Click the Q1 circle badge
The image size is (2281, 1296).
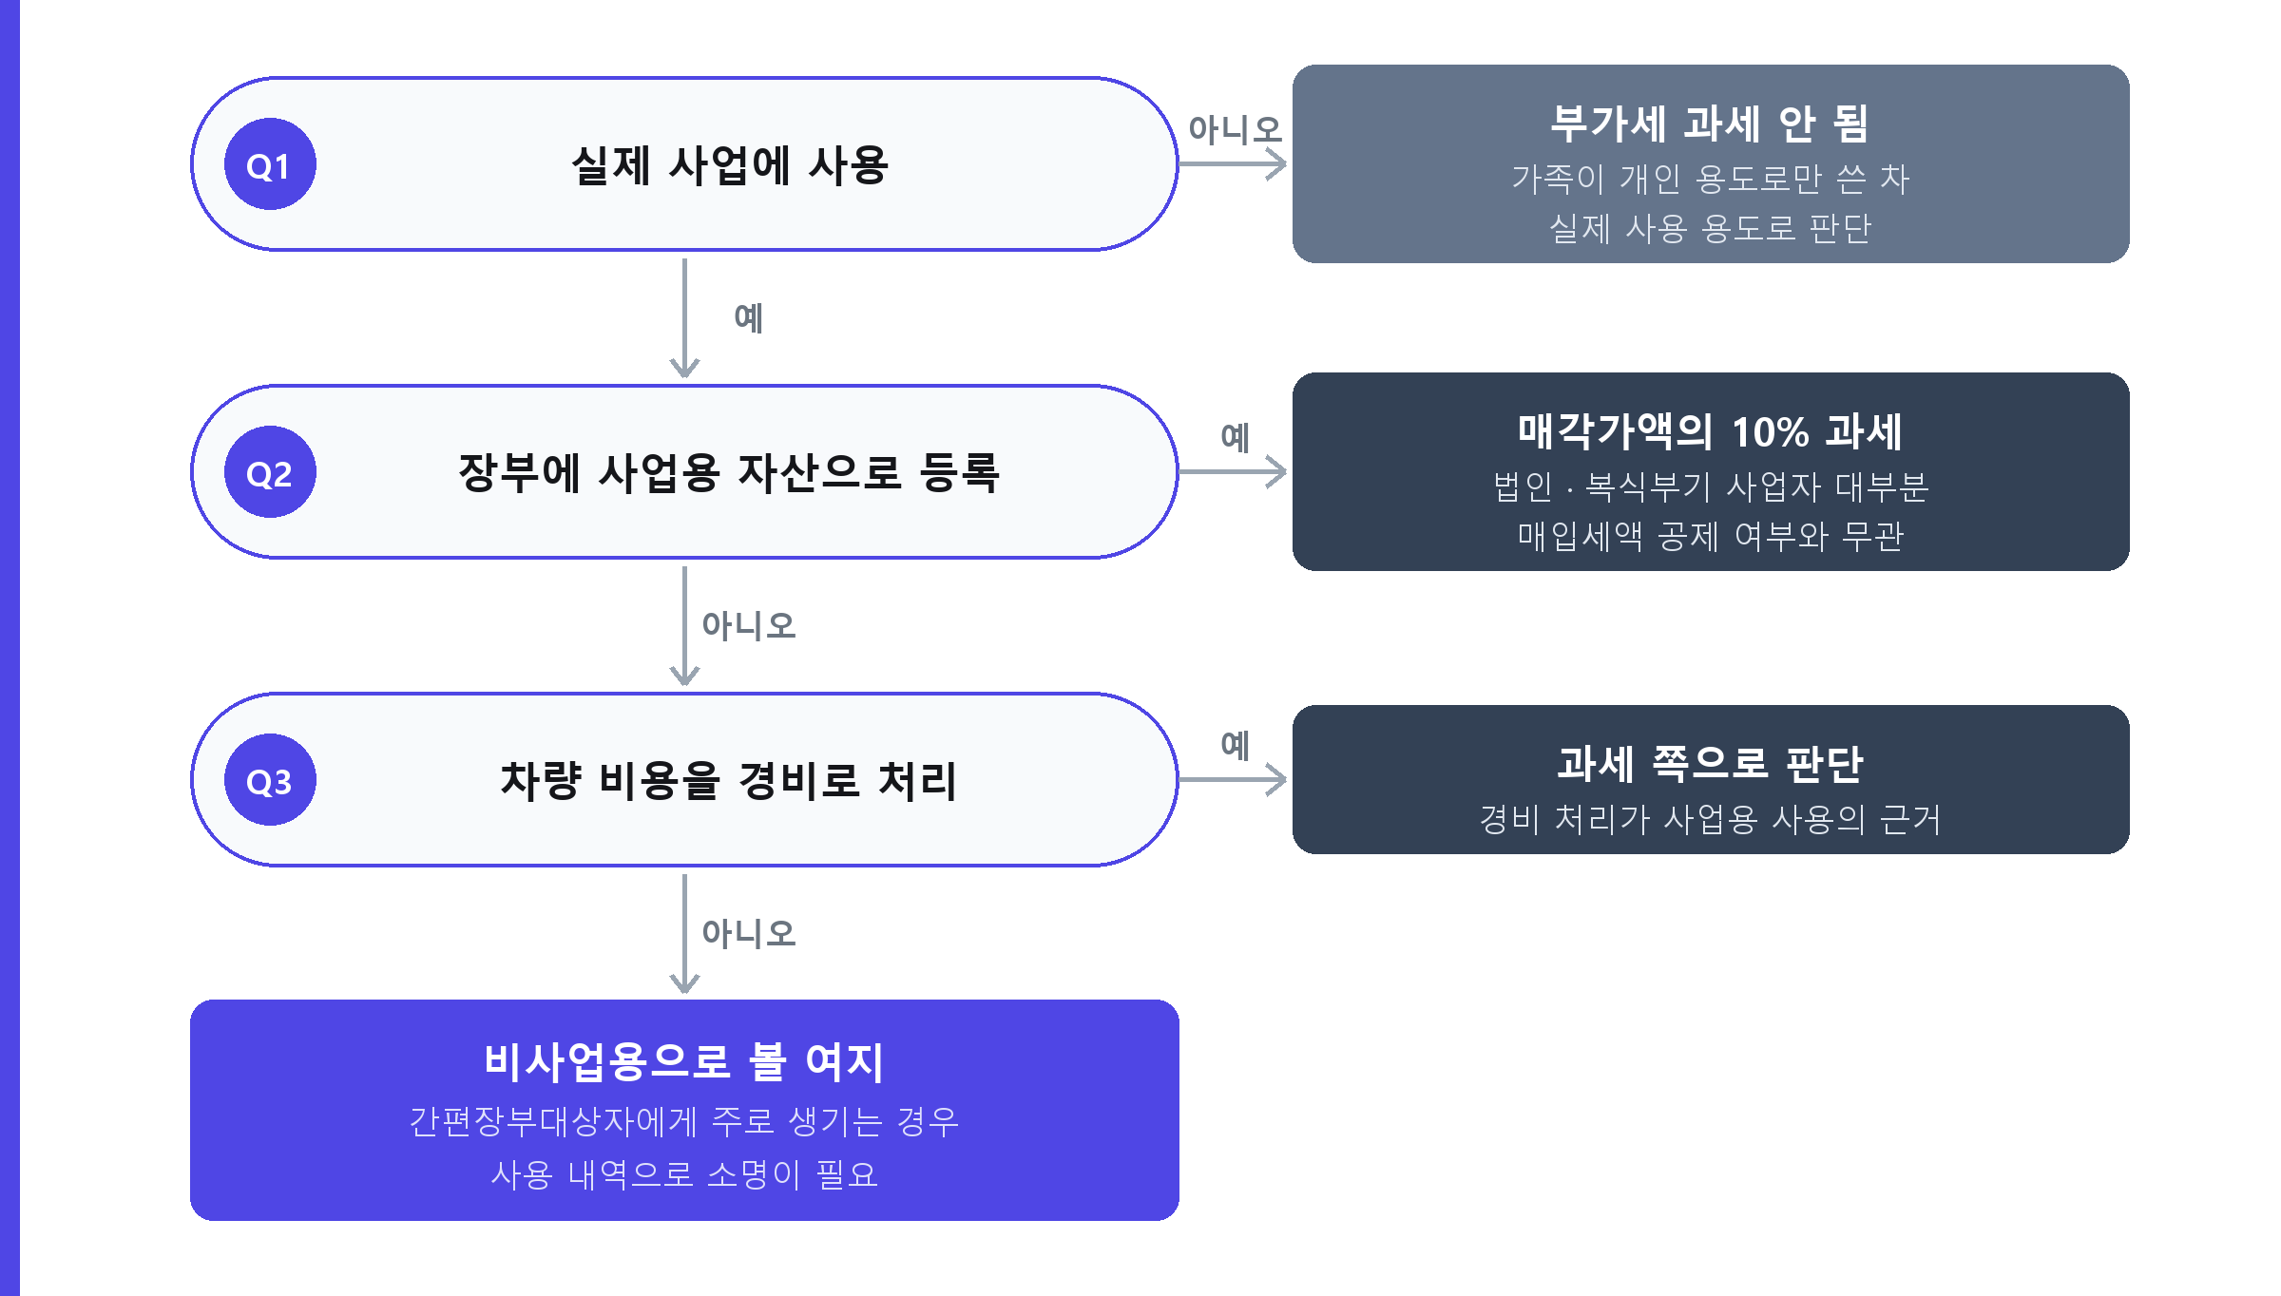pos(270,164)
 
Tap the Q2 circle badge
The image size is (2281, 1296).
pos(270,472)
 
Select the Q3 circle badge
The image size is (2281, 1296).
pos(270,780)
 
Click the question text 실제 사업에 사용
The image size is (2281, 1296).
pos(730,165)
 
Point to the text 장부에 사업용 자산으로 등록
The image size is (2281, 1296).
pos(729,473)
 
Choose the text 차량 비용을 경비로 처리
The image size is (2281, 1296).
pos(729,781)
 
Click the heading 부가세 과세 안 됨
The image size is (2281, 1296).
pos(1710,124)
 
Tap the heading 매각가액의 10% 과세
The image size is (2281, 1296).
pos(1710,431)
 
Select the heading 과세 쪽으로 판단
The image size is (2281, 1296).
pos(1710,764)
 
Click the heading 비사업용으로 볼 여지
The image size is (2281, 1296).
pos(684,1061)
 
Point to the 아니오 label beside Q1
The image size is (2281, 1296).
pos(1235,129)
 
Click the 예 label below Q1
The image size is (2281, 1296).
pos(749,318)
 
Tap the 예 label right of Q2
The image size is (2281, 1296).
pos(1236,437)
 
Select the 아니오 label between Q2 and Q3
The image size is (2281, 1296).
pos(749,626)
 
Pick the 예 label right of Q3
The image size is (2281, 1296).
pos(1236,745)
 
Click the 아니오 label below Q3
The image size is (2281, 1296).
pos(749,934)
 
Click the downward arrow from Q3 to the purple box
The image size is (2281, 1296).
pos(684,934)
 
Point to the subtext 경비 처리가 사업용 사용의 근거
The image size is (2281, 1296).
pos(1710,819)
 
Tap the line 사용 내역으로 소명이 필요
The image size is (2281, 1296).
pos(684,1174)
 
